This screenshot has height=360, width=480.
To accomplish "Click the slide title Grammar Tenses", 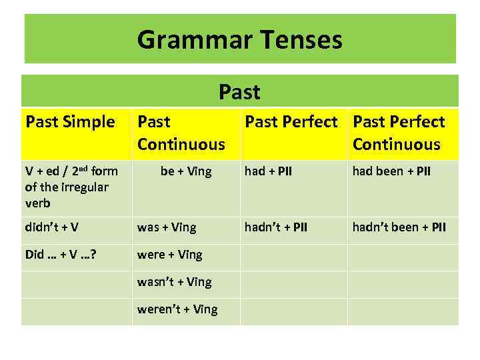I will point(240,40).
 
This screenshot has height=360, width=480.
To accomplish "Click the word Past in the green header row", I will point(239,91).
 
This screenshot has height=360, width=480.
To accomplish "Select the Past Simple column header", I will point(70,122).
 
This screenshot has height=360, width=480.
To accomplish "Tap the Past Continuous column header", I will point(181,133).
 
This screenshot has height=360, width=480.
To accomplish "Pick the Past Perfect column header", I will point(291,122).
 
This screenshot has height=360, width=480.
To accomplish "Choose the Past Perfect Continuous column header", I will point(399,133).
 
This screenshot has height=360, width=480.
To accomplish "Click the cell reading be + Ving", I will point(186,171).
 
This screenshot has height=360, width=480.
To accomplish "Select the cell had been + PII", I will point(391,171).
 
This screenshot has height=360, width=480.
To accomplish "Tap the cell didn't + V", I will point(52,227).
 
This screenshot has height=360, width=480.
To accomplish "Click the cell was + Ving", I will point(167,227).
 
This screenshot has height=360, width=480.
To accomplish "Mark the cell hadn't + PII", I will point(276,227).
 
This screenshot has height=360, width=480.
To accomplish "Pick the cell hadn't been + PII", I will point(399,227).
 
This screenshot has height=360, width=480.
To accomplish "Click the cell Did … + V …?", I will point(60,255).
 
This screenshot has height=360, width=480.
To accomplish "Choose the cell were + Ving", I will point(169,255).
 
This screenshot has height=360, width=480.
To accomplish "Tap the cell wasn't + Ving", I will point(174,282).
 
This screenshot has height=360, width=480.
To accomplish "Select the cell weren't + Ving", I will point(177,309).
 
